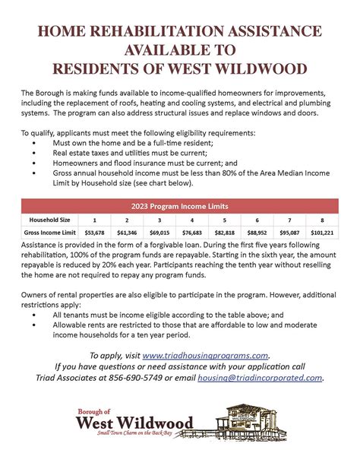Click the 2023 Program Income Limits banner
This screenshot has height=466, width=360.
click(x=180, y=205)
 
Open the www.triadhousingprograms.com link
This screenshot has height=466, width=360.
click(x=205, y=355)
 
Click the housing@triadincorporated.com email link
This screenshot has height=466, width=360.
click(x=260, y=377)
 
